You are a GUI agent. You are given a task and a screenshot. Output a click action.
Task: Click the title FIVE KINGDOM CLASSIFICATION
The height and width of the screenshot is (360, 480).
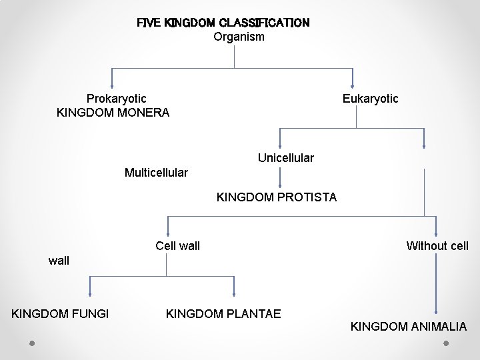pyautogui.click(x=223, y=23)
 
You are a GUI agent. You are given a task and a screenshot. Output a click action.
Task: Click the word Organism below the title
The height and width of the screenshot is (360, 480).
pyautogui.click(x=239, y=37)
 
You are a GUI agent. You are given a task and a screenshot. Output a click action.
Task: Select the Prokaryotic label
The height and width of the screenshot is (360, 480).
pyautogui.click(x=117, y=99)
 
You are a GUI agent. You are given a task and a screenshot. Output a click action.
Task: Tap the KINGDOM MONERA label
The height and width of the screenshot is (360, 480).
pyautogui.click(x=113, y=113)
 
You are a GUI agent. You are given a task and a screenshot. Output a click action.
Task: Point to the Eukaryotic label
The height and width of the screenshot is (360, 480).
pyautogui.click(x=370, y=99)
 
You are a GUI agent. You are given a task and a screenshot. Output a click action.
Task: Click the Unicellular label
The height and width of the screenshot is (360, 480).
pyautogui.click(x=286, y=158)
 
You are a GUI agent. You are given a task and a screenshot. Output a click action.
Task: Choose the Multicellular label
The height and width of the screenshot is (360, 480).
pyautogui.click(x=156, y=173)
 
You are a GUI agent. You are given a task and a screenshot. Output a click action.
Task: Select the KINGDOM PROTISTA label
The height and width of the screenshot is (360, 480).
pyautogui.click(x=277, y=197)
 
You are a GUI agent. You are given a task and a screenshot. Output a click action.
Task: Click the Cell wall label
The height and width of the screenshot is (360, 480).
pyautogui.click(x=177, y=246)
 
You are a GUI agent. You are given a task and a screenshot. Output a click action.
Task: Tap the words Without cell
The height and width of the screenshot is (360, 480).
pyautogui.click(x=437, y=246)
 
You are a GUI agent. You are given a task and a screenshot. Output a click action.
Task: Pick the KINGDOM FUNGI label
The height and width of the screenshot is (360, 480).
pyautogui.click(x=61, y=313)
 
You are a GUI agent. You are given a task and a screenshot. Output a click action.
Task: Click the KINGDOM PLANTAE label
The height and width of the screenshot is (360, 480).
pyautogui.click(x=223, y=313)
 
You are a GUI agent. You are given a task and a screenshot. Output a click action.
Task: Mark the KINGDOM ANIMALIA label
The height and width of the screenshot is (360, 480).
pyautogui.click(x=409, y=327)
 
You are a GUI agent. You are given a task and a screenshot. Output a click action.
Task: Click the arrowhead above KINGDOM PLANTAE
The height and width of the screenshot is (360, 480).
pyautogui.click(x=234, y=293)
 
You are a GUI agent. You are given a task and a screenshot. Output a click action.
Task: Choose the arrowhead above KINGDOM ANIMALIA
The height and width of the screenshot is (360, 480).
pyautogui.click(x=436, y=310)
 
